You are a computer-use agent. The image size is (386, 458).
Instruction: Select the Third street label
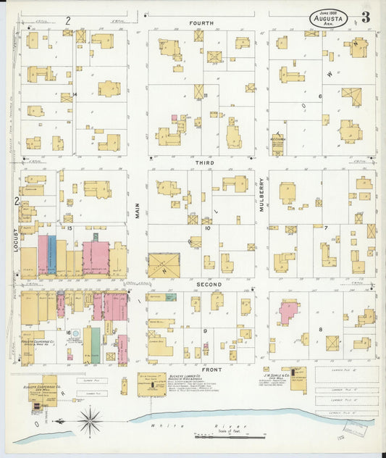(203, 164)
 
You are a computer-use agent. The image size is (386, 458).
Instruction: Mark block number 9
(206, 330)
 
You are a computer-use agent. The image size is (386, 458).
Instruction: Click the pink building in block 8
(288, 312)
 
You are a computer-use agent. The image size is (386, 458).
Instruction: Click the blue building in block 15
(51, 254)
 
